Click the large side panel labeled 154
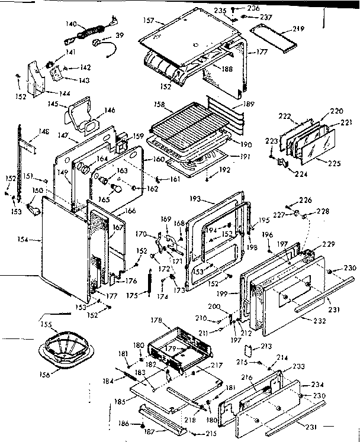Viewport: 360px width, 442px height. tap(65, 246)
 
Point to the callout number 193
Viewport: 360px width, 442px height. tap(195, 199)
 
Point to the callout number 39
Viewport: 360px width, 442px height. tap(120, 36)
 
